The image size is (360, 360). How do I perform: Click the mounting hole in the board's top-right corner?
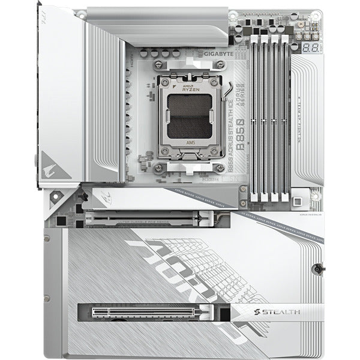pyautogui.click(x=316, y=17)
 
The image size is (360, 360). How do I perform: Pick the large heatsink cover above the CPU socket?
pyautogui.click(x=156, y=18)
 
